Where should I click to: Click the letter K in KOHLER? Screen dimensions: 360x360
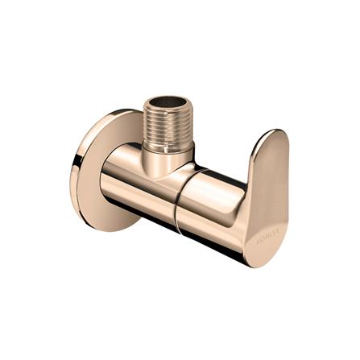coord(259,239)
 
